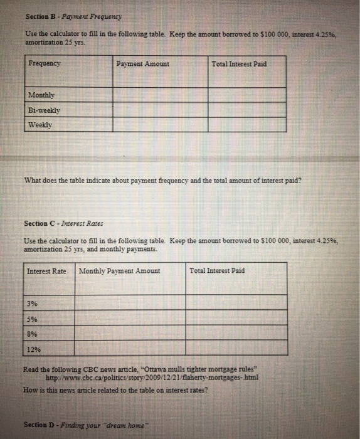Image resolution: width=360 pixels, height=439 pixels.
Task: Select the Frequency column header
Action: click(45, 64)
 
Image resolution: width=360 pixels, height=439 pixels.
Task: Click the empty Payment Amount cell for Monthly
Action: click(160, 95)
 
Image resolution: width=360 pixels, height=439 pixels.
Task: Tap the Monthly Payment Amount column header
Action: click(119, 271)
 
